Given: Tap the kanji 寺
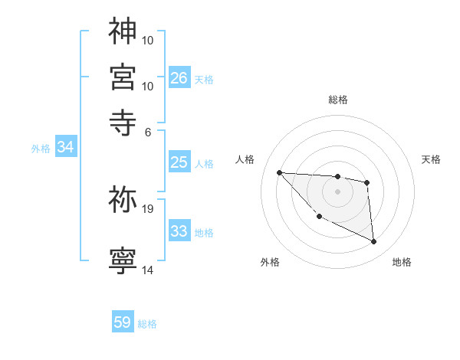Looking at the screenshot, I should pyautogui.click(x=123, y=119).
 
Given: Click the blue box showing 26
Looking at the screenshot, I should pyautogui.click(x=179, y=78).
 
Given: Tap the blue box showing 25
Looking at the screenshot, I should pyautogui.click(x=179, y=162).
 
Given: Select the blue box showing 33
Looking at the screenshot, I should pyautogui.click(x=179, y=231).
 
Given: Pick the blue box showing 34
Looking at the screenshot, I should pyautogui.click(x=65, y=148).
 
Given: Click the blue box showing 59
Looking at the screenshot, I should pyautogui.click(x=123, y=322).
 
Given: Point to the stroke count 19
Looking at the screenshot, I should pyautogui.click(x=148, y=208).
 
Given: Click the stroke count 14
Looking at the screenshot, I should pyautogui.click(x=148, y=270).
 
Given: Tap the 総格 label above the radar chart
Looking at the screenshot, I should pyautogui.click(x=337, y=100).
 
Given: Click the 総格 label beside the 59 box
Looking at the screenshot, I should pyautogui.click(x=147, y=324).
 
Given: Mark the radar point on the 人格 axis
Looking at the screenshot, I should pyautogui.click(x=279, y=172).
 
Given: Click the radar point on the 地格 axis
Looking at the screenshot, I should pyautogui.click(x=374, y=242).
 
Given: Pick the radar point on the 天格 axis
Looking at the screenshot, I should pyautogui.click(x=367, y=182).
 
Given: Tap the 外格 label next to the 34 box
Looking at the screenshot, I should pyautogui.click(x=41, y=149).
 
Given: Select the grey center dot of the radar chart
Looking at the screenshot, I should pyautogui.click(x=337, y=191).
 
